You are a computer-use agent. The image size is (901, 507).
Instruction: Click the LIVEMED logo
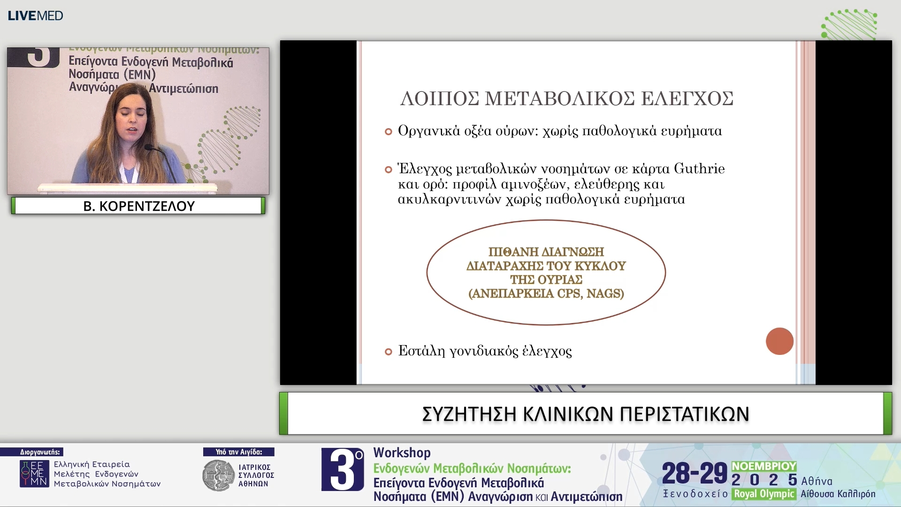tap(35, 15)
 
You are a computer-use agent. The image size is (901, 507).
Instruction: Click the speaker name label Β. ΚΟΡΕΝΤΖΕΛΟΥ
tap(138, 206)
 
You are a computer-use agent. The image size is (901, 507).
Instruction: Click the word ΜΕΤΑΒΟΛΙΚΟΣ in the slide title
tap(562, 99)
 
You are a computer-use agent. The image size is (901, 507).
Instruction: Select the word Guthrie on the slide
tap(699, 169)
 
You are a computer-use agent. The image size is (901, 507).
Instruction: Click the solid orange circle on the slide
tap(779, 341)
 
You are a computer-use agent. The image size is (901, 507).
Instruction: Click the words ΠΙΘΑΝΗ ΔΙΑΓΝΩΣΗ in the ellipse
tap(546, 252)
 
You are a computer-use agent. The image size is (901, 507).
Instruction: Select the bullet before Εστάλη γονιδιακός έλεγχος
tap(388, 352)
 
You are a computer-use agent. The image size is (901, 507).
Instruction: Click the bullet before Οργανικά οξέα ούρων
tap(388, 131)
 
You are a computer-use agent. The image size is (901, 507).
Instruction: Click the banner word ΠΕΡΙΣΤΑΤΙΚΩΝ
tap(684, 414)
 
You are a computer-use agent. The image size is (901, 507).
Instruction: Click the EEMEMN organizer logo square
tap(34, 474)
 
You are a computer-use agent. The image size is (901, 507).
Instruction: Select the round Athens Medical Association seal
tap(218, 476)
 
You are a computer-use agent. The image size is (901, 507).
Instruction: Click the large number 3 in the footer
tap(342, 469)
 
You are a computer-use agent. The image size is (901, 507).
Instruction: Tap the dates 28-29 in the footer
tap(694, 473)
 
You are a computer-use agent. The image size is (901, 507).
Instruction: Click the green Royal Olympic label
tap(764, 494)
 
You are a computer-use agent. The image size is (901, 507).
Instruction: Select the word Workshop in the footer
tap(402, 453)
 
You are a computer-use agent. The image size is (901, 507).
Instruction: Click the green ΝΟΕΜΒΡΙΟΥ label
tap(764, 466)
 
